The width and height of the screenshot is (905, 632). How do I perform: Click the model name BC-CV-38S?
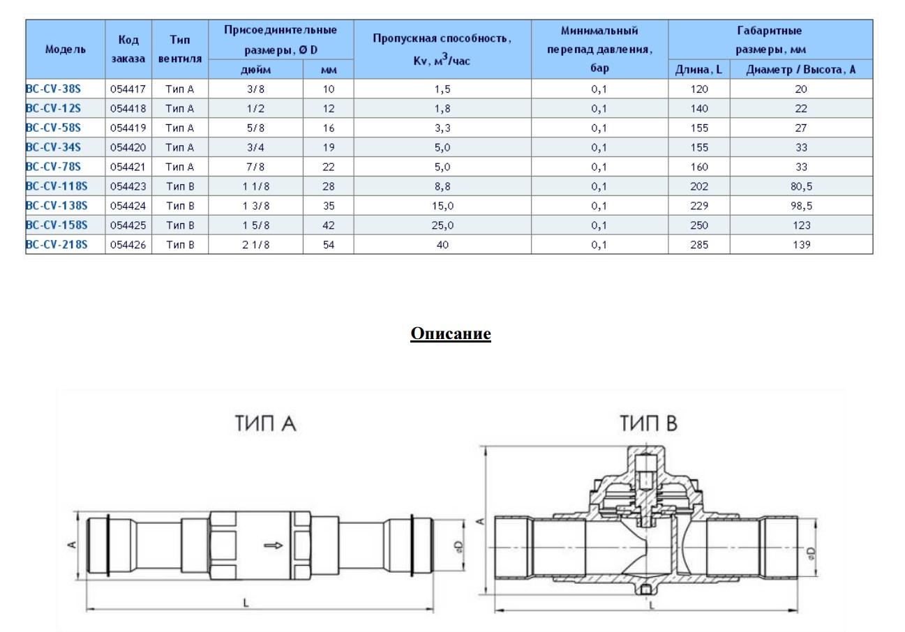tap(53, 89)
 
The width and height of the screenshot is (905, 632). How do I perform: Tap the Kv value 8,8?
tap(442, 186)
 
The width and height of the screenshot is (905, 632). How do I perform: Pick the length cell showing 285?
tap(698, 245)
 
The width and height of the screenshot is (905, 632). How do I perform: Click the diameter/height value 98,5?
tap(800, 206)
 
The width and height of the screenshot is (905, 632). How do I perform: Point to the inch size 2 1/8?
tap(255, 245)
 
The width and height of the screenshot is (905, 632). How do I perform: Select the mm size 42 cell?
tap(329, 225)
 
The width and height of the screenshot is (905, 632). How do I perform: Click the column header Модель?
tap(65, 49)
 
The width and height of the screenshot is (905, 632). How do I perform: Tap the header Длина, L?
tap(698, 69)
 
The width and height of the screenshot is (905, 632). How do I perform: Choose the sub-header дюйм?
tap(255, 69)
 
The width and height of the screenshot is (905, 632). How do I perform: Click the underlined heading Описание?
tap(451, 333)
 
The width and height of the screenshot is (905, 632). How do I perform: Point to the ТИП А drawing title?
tap(266, 423)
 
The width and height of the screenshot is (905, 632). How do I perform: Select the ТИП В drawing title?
tap(648, 423)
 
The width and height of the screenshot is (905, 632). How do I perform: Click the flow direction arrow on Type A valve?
tap(273, 545)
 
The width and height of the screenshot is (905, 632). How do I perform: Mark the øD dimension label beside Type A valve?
tap(458, 544)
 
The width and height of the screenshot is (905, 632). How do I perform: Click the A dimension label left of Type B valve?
tap(479, 522)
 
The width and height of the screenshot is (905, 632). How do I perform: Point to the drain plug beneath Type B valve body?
tap(646, 591)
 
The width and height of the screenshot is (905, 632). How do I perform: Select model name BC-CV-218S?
tap(57, 245)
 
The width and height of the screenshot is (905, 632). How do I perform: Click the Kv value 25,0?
tap(442, 225)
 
